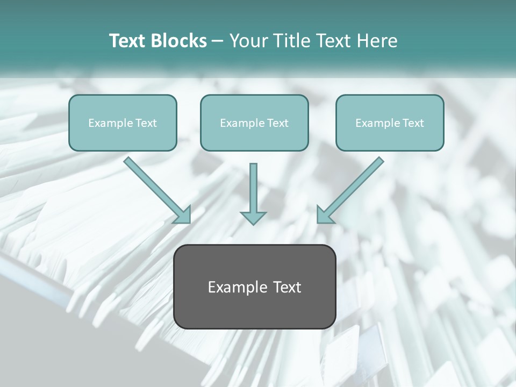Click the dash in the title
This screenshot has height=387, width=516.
[x=218, y=41]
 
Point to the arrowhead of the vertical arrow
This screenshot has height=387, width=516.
[x=253, y=218]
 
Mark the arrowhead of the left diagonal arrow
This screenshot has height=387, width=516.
[x=183, y=215]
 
